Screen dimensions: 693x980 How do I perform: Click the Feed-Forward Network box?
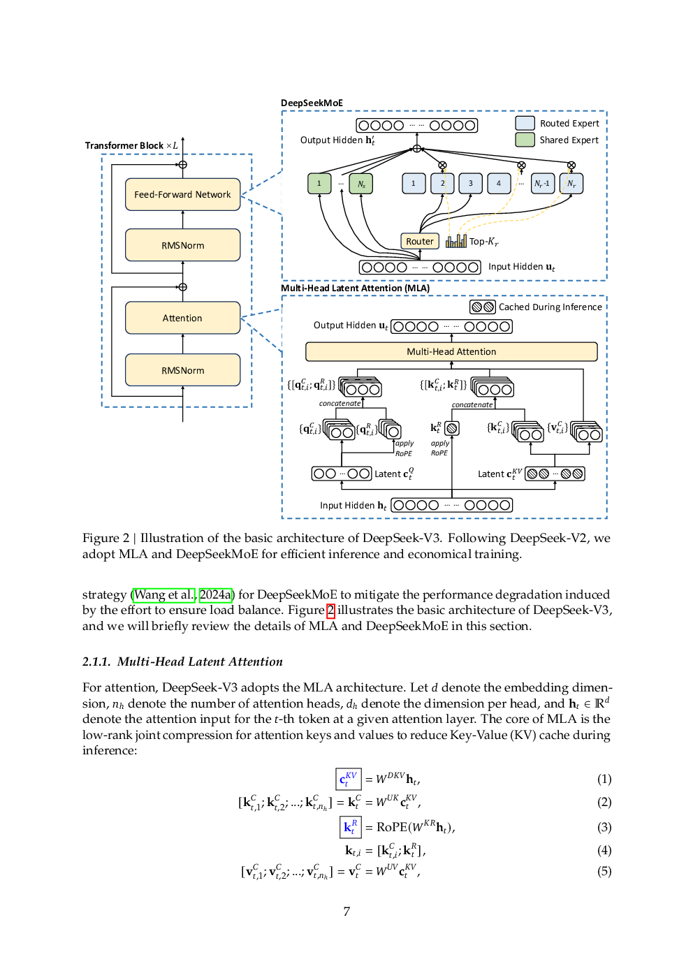pyautogui.click(x=182, y=194)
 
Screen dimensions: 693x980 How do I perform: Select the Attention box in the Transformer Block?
pyautogui.click(x=182, y=318)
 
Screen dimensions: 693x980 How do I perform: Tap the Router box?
pyautogui.click(x=420, y=241)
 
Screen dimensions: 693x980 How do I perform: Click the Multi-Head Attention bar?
pyautogui.click(x=451, y=352)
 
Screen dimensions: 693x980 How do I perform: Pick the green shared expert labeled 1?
pyautogui.click(x=319, y=183)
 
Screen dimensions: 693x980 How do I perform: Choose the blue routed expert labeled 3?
pyautogui.click(x=470, y=183)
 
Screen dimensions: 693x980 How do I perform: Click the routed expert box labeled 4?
pyautogui.click(x=498, y=183)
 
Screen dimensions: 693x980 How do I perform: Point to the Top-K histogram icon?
pyautogui.click(x=456, y=241)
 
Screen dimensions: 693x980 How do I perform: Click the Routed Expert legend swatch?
pyautogui.click(x=525, y=124)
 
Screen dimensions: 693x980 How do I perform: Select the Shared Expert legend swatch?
pyautogui.click(x=525, y=140)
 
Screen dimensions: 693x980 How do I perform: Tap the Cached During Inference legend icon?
pyautogui.click(x=482, y=307)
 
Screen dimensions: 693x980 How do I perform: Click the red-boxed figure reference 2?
pyautogui.click(x=330, y=610)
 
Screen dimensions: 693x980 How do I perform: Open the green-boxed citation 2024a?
pyautogui.click(x=215, y=594)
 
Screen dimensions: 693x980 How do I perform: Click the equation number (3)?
pyautogui.click(x=604, y=827)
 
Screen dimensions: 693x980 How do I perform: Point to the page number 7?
pyautogui.click(x=346, y=912)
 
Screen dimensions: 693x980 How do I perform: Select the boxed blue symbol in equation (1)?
pyautogui.click(x=349, y=779)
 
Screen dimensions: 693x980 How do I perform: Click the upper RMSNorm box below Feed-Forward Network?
pyautogui.click(x=182, y=245)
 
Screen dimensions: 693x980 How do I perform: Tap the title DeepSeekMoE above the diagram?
pyautogui.click(x=312, y=103)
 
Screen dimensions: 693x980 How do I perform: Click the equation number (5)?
pyautogui.click(x=604, y=871)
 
